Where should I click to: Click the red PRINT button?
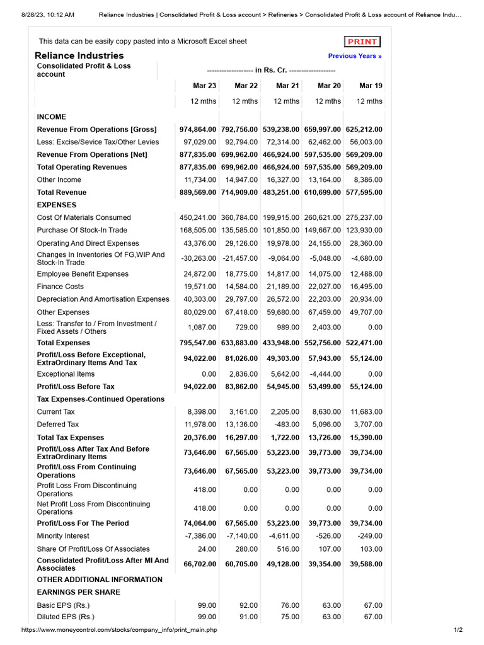coord(362,42)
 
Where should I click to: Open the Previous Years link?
coord(355,56)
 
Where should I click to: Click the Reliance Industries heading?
coord(79,55)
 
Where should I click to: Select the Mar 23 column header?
coord(204,86)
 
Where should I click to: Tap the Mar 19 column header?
coord(371,86)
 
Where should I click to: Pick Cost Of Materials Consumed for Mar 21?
coord(281,217)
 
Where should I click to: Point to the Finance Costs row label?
coord(60,287)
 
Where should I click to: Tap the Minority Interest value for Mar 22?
coord(241,536)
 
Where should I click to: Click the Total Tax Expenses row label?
coord(71,437)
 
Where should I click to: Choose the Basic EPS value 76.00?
coord(290,605)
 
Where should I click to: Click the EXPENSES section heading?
coord(57,205)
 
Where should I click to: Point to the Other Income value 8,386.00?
coord(367,180)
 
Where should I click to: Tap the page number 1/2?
coord(458,630)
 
